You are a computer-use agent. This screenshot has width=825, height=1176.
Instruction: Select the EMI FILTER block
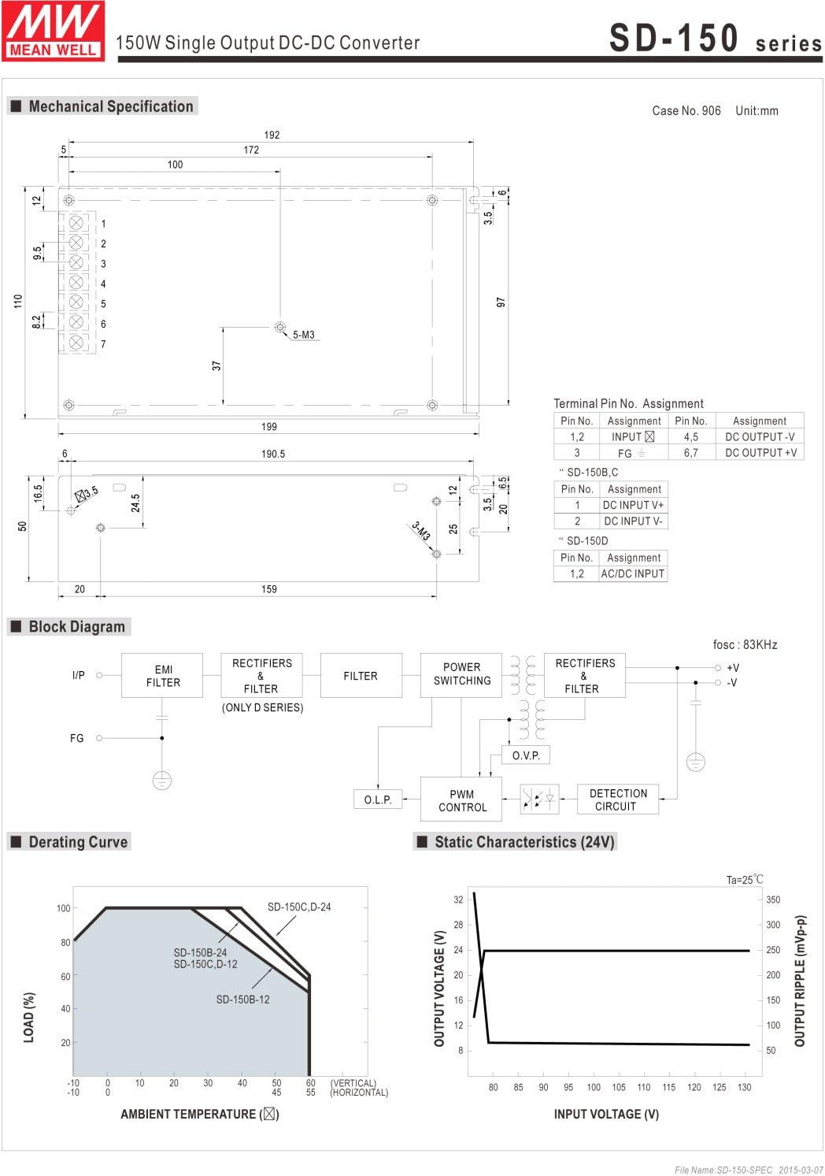click(x=162, y=676)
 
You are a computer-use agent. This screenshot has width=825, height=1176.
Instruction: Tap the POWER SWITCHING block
click(x=461, y=674)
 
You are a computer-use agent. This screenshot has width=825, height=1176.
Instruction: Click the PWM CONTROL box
click(x=461, y=800)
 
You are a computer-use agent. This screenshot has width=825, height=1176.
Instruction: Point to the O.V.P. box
click(x=525, y=755)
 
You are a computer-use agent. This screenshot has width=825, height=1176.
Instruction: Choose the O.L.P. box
click(x=378, y=799)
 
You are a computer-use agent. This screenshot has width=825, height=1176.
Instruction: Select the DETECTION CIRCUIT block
click(x=617, y=799)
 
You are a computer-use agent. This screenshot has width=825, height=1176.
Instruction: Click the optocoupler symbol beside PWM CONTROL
click(x=540, y=799)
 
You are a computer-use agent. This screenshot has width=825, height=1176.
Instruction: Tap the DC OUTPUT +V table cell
click(x=760, y=453)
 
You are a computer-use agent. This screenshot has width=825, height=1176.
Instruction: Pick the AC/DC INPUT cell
click(x=632, y=574)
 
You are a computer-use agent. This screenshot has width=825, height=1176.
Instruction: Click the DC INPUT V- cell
click(x=633, y=521)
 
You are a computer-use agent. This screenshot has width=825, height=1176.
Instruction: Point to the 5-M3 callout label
click(x=303, y=335)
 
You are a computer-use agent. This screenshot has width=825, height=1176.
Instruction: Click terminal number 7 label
click(x=103, y=344)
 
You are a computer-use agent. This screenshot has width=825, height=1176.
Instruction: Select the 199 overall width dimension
click(x=269, y=427)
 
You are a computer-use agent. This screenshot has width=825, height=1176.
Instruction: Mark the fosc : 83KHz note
click(x=745, y=645)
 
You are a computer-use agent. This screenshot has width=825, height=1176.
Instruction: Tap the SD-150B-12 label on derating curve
click(x=242, y=1000)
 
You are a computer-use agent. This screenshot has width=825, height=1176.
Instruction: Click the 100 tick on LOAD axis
click(x=64, y=908)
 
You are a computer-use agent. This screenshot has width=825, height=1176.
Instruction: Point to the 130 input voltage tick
click(x=744, y=1088)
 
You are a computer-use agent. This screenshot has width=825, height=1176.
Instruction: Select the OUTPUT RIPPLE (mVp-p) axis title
click(x=800, y=981)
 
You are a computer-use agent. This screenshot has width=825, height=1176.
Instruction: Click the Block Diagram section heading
click(x=76, y=627)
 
